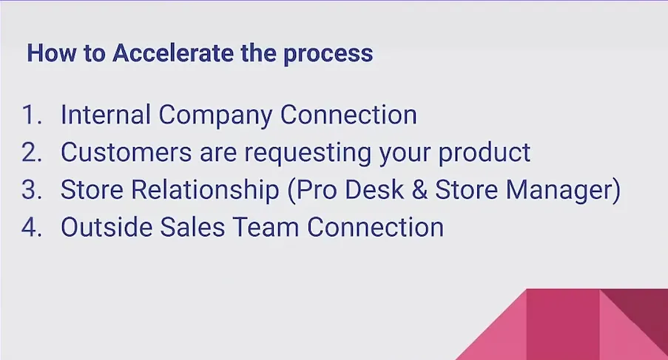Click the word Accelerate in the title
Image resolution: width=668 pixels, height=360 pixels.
(x=173, y=53)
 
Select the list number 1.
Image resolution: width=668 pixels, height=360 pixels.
(x=32, y=115)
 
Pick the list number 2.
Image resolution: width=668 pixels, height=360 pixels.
(x=32, y=152)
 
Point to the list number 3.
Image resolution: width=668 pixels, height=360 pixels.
(x=32, y=189)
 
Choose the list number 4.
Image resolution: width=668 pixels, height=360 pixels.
(x=32, y=227)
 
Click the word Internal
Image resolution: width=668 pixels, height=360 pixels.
(x=105, y=115)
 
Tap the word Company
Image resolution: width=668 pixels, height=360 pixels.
(x=215, y=117)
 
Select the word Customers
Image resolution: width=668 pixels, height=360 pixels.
(x=126, y=152)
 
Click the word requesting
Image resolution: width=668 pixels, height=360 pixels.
(x=308, y=154)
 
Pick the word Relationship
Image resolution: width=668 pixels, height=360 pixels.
(x=205, y=189)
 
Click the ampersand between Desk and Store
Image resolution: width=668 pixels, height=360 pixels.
(x=419, y=190)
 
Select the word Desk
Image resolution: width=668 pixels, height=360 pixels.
(x=374, y=189)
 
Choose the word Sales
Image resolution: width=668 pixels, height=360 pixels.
(x=192, y=227)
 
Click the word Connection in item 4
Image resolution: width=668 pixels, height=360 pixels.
(x=375, y=227)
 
